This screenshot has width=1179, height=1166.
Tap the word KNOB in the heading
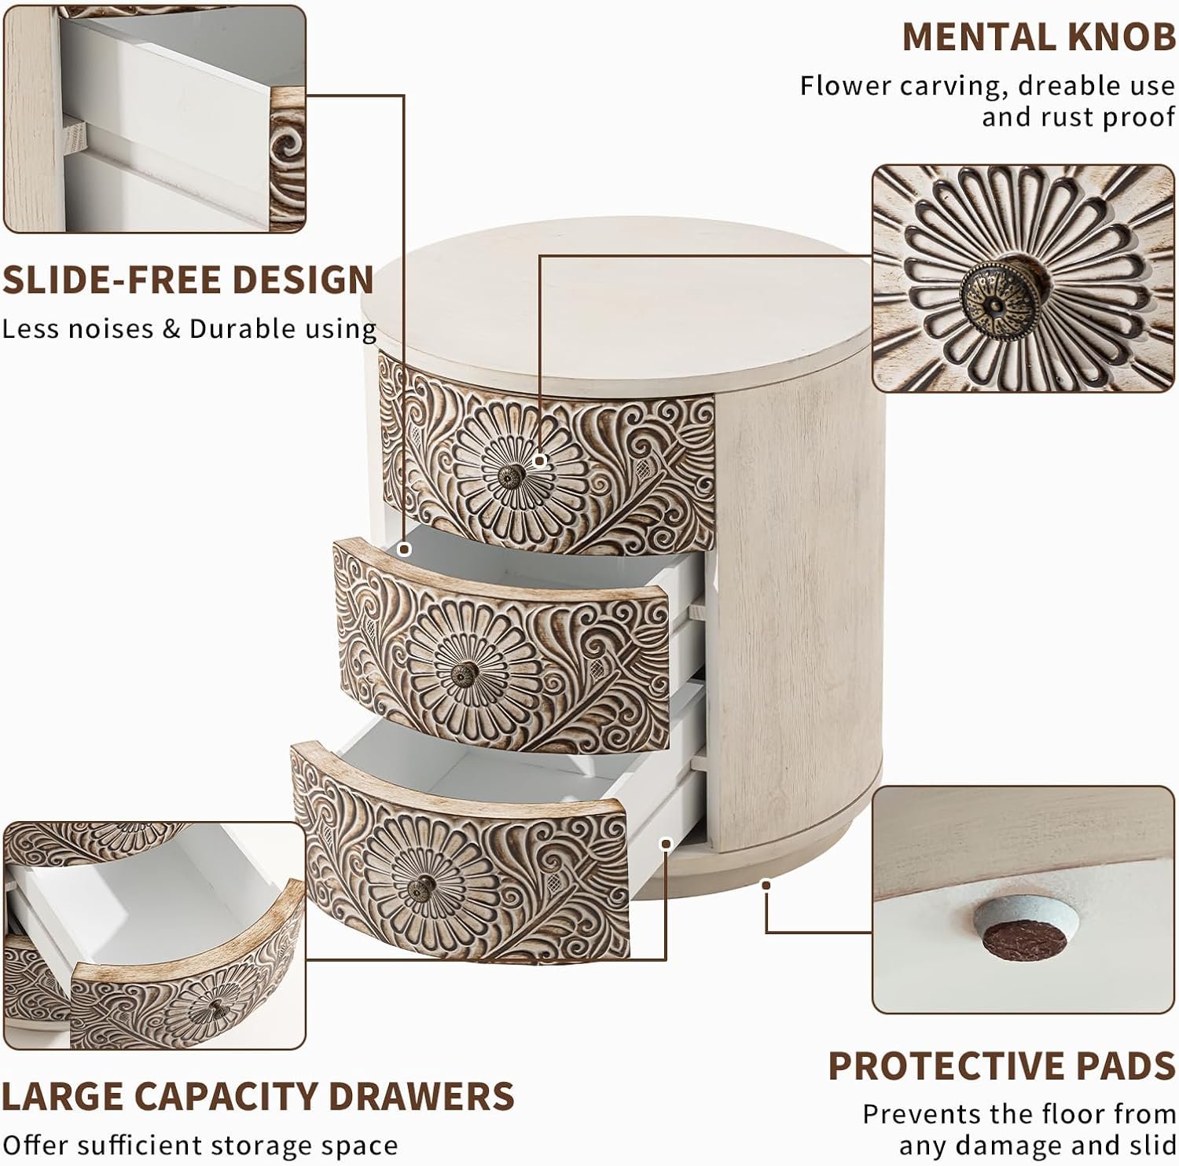1126,37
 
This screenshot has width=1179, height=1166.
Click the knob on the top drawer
513,475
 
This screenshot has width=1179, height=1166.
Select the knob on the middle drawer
464,673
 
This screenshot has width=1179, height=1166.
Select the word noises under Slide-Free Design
112,328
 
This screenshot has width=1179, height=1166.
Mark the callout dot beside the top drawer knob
541,460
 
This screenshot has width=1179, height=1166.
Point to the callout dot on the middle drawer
404,550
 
